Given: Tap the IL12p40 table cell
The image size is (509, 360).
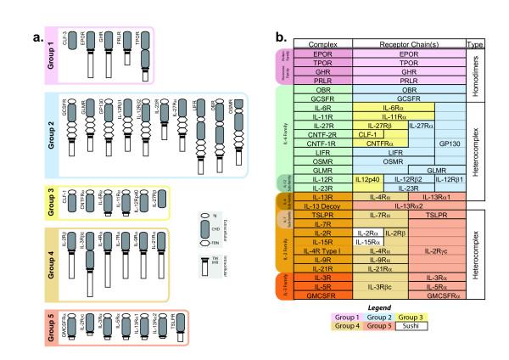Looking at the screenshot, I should [366, 179].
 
